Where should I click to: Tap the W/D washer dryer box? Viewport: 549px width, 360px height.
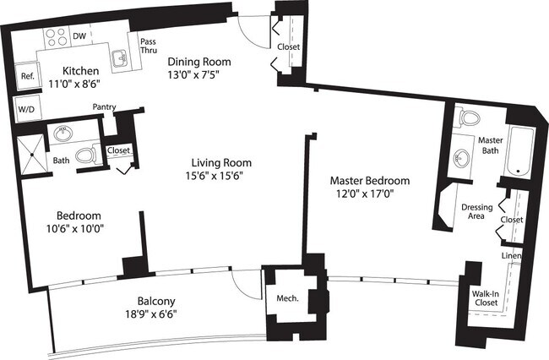[x=26, y=108]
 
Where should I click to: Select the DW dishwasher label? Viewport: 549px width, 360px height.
[x=79, y=36]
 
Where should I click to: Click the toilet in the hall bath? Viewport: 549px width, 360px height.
[x=85, y=155]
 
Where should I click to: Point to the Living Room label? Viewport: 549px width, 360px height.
[x=221, y=163]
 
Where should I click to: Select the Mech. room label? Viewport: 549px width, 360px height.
[x=279, y=297]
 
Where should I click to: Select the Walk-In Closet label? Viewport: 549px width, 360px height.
[x=485, y=298]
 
